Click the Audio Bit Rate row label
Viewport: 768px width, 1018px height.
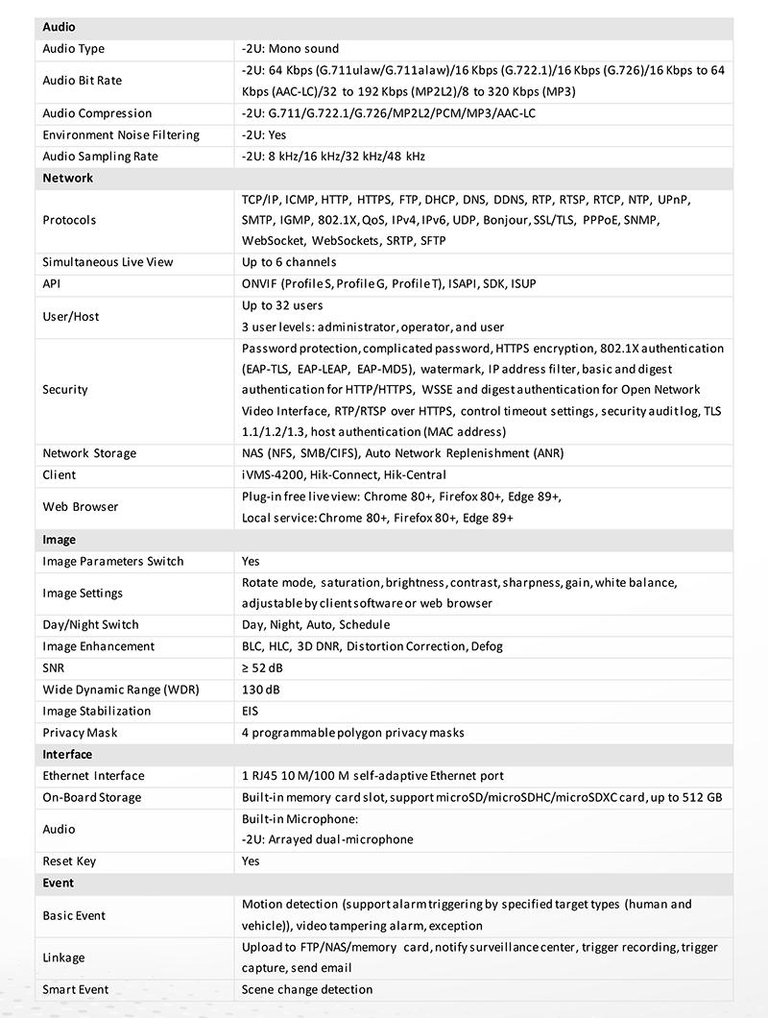click(x=83, y=81)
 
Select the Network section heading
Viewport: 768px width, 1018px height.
click(x=68, y=178)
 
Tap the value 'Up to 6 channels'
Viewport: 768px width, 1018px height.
click(x=289, y=262)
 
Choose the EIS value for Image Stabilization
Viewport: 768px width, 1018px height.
click(x=251, y=711)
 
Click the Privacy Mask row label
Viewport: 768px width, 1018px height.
click(x=81, y=733)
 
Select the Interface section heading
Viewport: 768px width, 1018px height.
click(x=68, y=755)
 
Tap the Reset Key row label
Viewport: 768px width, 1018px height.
click(x=70, y=861)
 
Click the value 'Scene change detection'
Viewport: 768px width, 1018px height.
click(x=307, y=989)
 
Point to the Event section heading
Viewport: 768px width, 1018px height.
click(x=59, y=883)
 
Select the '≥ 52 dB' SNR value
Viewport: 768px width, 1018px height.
click(x=261, y=667)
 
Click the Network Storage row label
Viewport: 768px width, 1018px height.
click(x=89, y=453)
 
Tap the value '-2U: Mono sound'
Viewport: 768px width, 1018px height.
click(x=290, y=49)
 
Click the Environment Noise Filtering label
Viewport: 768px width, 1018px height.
click(x=121, y=134)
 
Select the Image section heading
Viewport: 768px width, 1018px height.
click(x=60, y=540)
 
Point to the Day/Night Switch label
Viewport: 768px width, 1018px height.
click(x=91, y=624)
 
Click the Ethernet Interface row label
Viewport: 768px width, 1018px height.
click(x=93, y=776)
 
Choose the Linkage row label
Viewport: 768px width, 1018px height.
click(x=64, y=957)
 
